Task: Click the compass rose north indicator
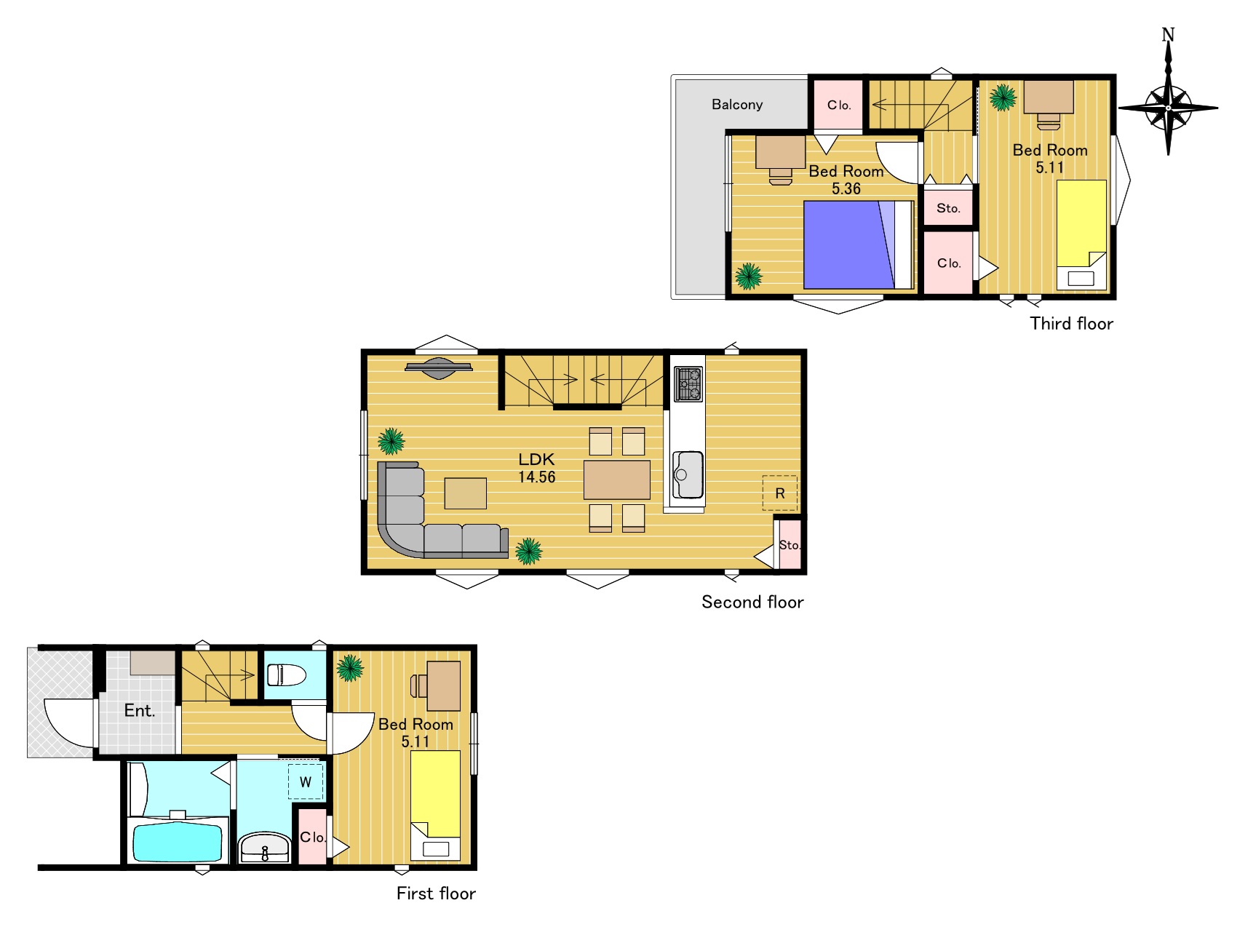tap(1168, 35)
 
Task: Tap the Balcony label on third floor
tap(737, 105)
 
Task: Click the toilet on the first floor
tap(286, 675)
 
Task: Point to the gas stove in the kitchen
tap(688, 384)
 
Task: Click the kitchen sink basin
tap(688, 474)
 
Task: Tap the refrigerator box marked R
tap(779, 493)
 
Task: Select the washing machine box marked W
tap(306, 782)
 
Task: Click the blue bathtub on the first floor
tap(177, 843)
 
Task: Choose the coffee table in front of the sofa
tap(466, 493)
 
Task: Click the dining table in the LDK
tap(617, 480)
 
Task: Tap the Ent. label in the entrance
tap(140, 711)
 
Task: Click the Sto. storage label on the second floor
tap(789, 545)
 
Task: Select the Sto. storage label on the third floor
tap(948, 208)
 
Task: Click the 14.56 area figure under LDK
tap(537, 477)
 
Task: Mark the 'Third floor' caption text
tap(1071, 324)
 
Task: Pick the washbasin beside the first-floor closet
tap(264, 848)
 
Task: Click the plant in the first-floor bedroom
tap(349, 668)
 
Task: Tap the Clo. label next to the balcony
tap(839, 105)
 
